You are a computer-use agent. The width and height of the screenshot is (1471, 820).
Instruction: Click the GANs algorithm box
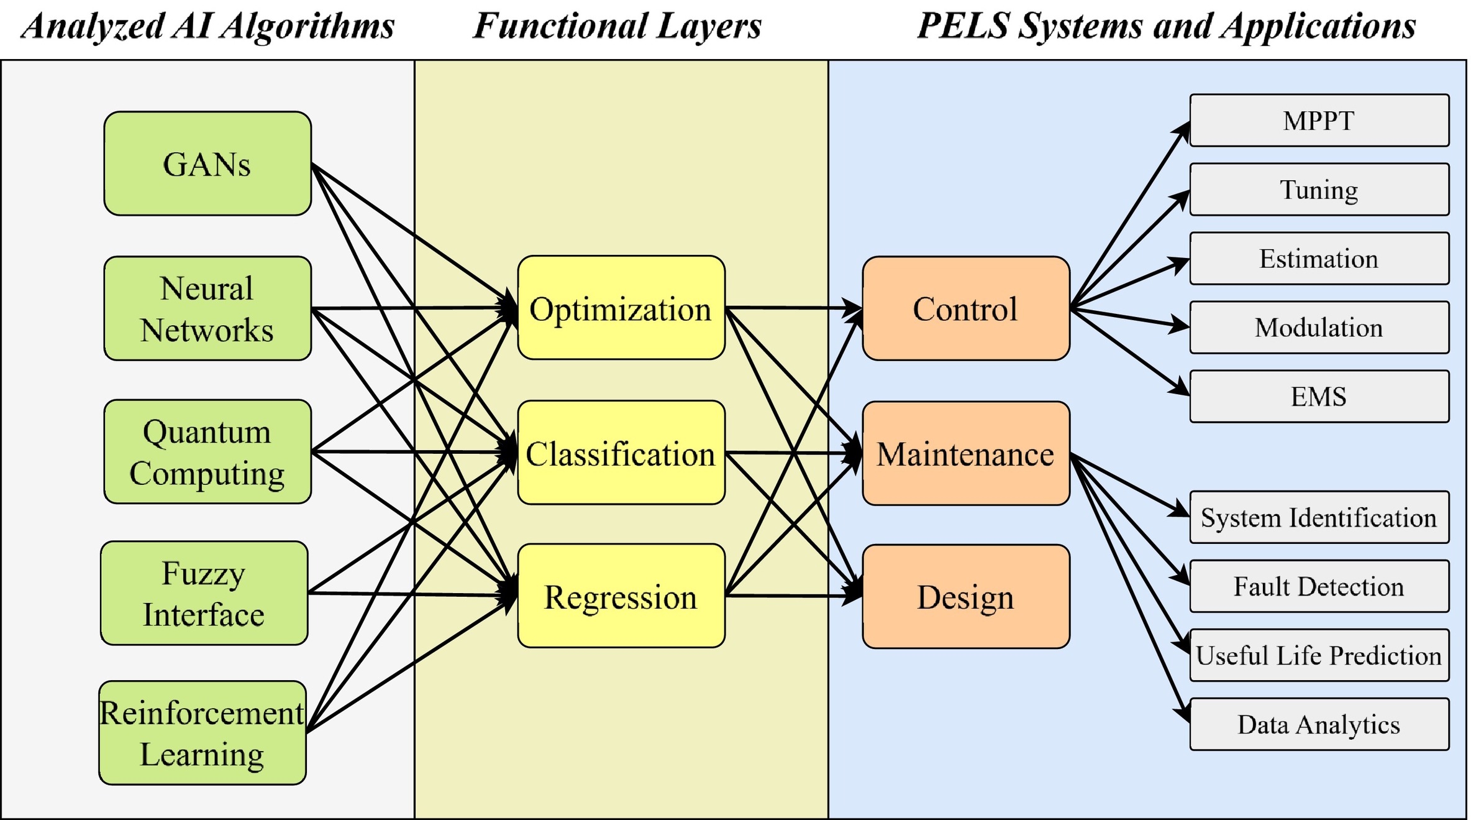coord(207,164)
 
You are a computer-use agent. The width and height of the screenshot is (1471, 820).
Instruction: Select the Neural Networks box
coord(207,308)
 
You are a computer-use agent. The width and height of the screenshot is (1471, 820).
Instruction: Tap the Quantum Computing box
coord(207,451)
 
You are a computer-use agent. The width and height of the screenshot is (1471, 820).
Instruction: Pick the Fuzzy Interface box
coord(204,593)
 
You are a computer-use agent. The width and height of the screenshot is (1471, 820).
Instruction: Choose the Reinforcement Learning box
coord(203,733)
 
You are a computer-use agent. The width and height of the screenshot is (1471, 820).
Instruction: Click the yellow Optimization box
coord(621,308)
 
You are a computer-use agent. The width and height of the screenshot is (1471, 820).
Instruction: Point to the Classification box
coord(621,453)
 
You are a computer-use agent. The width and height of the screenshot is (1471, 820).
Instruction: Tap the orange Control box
coord(966,308)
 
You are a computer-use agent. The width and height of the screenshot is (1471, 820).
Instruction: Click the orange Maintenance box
coord(966,453)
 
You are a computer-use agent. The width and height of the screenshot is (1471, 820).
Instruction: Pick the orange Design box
coord(966,597)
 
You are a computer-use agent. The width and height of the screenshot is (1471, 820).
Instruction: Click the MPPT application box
coord(1319,121)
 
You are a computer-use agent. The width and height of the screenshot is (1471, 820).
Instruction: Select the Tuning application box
coord(1319,190)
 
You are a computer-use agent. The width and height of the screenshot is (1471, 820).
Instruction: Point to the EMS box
coord(1319,397)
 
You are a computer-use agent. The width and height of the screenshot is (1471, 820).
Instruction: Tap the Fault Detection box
coord(1319,586)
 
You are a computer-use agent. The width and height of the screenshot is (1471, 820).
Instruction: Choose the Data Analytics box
coord(1319,724)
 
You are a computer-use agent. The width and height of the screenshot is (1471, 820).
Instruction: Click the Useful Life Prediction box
coord(1319,655)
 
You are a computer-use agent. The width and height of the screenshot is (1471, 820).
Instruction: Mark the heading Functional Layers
coord(617,26)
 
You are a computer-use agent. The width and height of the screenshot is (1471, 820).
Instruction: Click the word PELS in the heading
coord(963,26)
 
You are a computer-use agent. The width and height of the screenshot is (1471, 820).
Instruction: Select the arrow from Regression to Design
coord(789,596)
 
